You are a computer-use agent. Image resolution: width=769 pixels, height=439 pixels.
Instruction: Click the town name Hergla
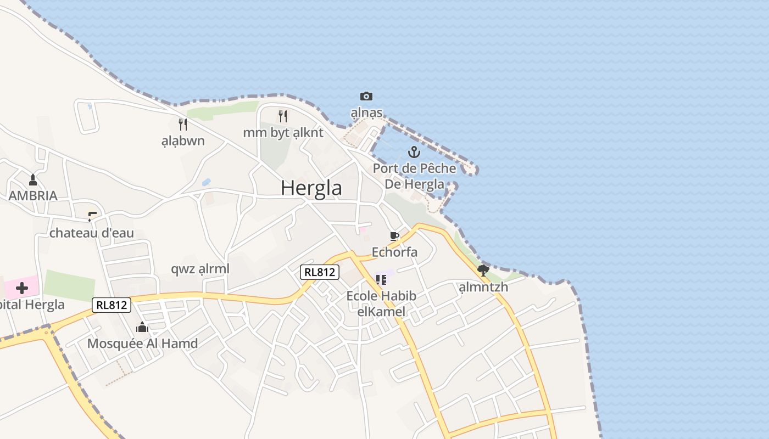(x=311, y=188)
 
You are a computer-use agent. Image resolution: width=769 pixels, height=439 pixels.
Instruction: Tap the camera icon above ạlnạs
(x=366, y=97)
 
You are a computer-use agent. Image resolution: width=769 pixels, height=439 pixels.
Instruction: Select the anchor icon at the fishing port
(x=414, y=152)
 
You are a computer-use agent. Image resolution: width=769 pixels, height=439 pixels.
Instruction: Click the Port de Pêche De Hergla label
(x=415, y=176)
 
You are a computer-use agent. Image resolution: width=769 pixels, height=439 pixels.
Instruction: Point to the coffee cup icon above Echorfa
(x=394, y=237)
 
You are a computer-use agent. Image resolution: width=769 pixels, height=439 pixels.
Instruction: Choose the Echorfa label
(x=394, y=252)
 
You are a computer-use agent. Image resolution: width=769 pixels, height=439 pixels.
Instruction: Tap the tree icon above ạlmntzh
(x=483, y=270)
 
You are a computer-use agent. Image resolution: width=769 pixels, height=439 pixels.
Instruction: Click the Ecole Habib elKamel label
(x=381, y=304)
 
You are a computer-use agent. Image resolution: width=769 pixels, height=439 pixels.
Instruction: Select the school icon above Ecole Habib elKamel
(x=381, y=280)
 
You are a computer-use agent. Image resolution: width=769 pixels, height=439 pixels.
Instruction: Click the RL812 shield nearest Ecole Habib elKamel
(x=320, y=272)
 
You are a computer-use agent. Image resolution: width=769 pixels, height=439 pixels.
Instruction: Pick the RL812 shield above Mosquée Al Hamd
(x=112, y=305)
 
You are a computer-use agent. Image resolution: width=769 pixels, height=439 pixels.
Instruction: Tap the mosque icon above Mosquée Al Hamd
(x=142, y=328)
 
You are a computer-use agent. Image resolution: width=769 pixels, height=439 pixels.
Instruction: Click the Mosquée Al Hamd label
(x=142, y=344)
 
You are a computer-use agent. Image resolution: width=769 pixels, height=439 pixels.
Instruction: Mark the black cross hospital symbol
(x=22, y=288)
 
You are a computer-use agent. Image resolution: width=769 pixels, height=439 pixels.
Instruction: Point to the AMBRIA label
(x=33, y=195)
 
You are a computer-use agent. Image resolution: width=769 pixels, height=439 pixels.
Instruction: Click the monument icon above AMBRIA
(x=33, y=179)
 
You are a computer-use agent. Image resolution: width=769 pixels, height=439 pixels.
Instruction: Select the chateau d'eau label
(x=92, y=233)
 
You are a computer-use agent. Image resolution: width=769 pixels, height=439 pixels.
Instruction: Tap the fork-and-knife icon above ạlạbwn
(x=183, y=125)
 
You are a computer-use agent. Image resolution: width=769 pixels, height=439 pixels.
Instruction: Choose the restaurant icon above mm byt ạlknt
(x=283, y=116)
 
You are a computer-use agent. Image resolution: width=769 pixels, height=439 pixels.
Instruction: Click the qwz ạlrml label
(x=200, y=269)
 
